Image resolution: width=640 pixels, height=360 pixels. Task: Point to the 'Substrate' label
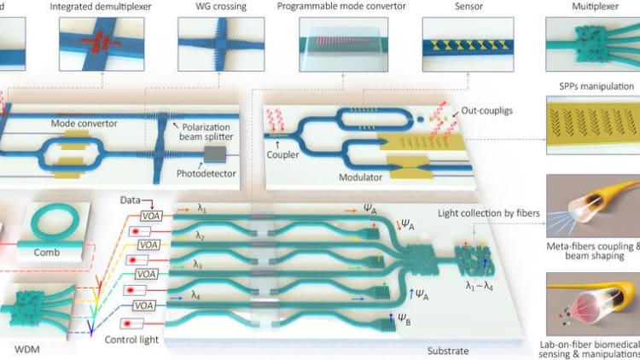tap(450, 349)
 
